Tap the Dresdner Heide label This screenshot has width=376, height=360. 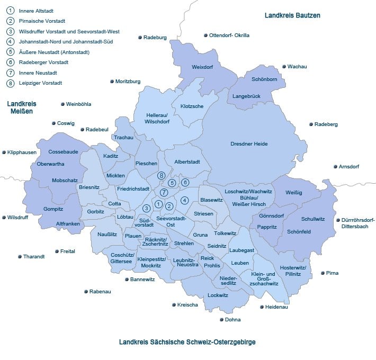coord(249,144)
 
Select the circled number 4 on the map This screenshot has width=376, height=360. coord(184,200)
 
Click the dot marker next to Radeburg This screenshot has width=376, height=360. coord(139,38)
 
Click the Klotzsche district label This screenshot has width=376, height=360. coord(192,106)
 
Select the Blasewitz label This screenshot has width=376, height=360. coord(210,200)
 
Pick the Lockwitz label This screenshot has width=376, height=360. coord(218,295)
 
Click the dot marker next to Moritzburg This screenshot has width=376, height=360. coord(111,82)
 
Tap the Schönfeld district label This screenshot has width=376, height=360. coord(299,232)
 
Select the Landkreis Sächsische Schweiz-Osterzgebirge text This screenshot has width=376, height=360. coord(187,343)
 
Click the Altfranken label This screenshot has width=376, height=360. coord(68,224)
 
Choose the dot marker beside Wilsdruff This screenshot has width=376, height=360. coord(4,218)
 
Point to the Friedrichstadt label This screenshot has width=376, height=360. coord(133,188)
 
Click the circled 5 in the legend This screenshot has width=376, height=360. coord(10,52)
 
